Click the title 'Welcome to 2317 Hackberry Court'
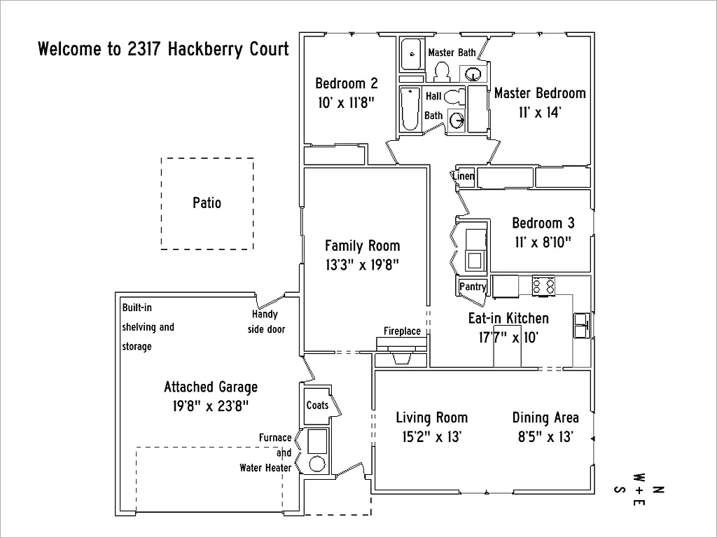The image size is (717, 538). tap(163, 50)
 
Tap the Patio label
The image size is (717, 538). tap(207, 203)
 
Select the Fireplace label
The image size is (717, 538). tap(402, 331)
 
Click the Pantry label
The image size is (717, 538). tap(473, 287)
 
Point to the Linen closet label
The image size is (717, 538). tap(464, 177)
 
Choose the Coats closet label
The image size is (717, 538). tap(317, 406)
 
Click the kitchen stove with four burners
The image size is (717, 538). tap(544, 285)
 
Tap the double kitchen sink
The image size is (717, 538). tap(582, 325)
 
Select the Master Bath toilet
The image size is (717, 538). tap(442, 71)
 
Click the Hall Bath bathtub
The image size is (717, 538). tap(410, 109)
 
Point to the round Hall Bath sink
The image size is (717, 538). tap(457, 120)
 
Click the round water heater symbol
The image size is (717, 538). tap(317, 464)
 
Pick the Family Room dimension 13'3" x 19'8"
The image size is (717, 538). tap(362, 265)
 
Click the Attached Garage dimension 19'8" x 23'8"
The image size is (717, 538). tap(211, 406)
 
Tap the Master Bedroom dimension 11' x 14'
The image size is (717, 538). tap(539, 112)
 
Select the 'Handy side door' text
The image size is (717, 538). tap(266, 322)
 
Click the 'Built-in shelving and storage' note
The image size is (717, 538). tap(148, 327)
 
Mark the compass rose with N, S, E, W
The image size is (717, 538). tap(639, 489)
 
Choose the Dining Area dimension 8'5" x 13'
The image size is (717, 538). tap(545, 437)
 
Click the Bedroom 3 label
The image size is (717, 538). tap(543, 223)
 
